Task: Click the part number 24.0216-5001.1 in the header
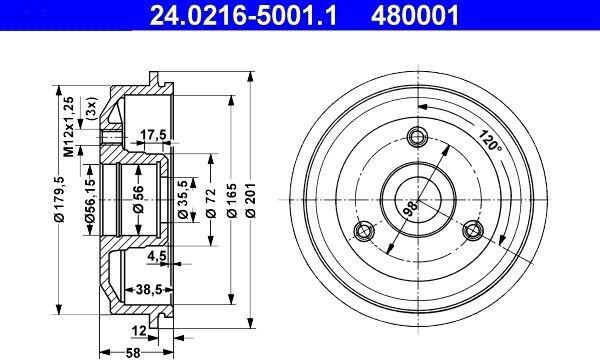pyautogui.click(x=243, y=15)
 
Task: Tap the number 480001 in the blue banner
pyautogui.click(x=414, y=15)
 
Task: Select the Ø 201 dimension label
pyautogui.click(x=251, y=200)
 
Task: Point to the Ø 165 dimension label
pyautogui.click(x=232, y=200)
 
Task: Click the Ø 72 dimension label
pyautogui.click(x=211, y=203)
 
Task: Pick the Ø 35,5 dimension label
pyautogui.click(x=183, y=199)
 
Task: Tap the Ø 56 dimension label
pyautogui.click(x=138, y=199)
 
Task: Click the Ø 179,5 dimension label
pyautogui.click(x=59, y=199)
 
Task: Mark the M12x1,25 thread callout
pyautogui.click(x=68, y=127)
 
